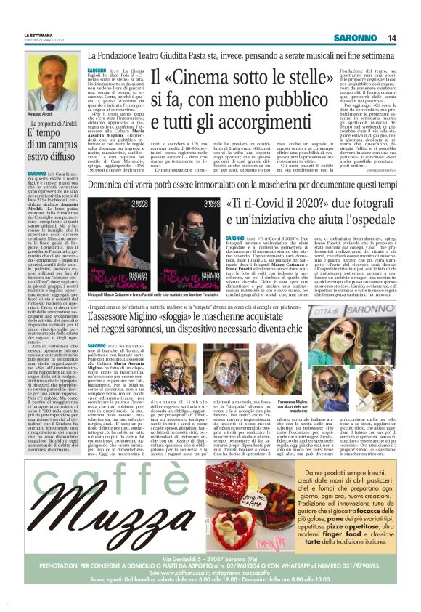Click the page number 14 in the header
[x=391, y=38]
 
